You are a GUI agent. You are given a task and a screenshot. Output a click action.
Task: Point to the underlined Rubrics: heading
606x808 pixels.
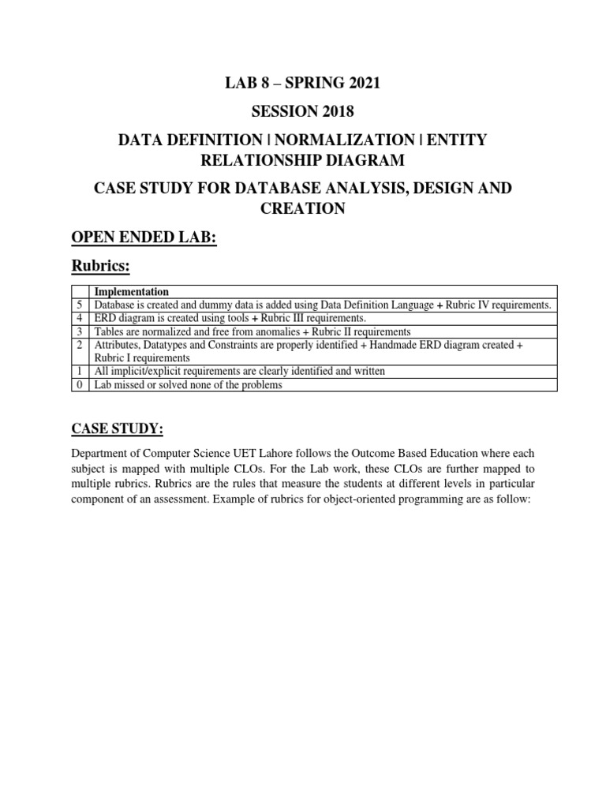[x=101, y=268]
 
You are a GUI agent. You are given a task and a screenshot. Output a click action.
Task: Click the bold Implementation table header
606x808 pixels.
[x=131, y=291]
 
